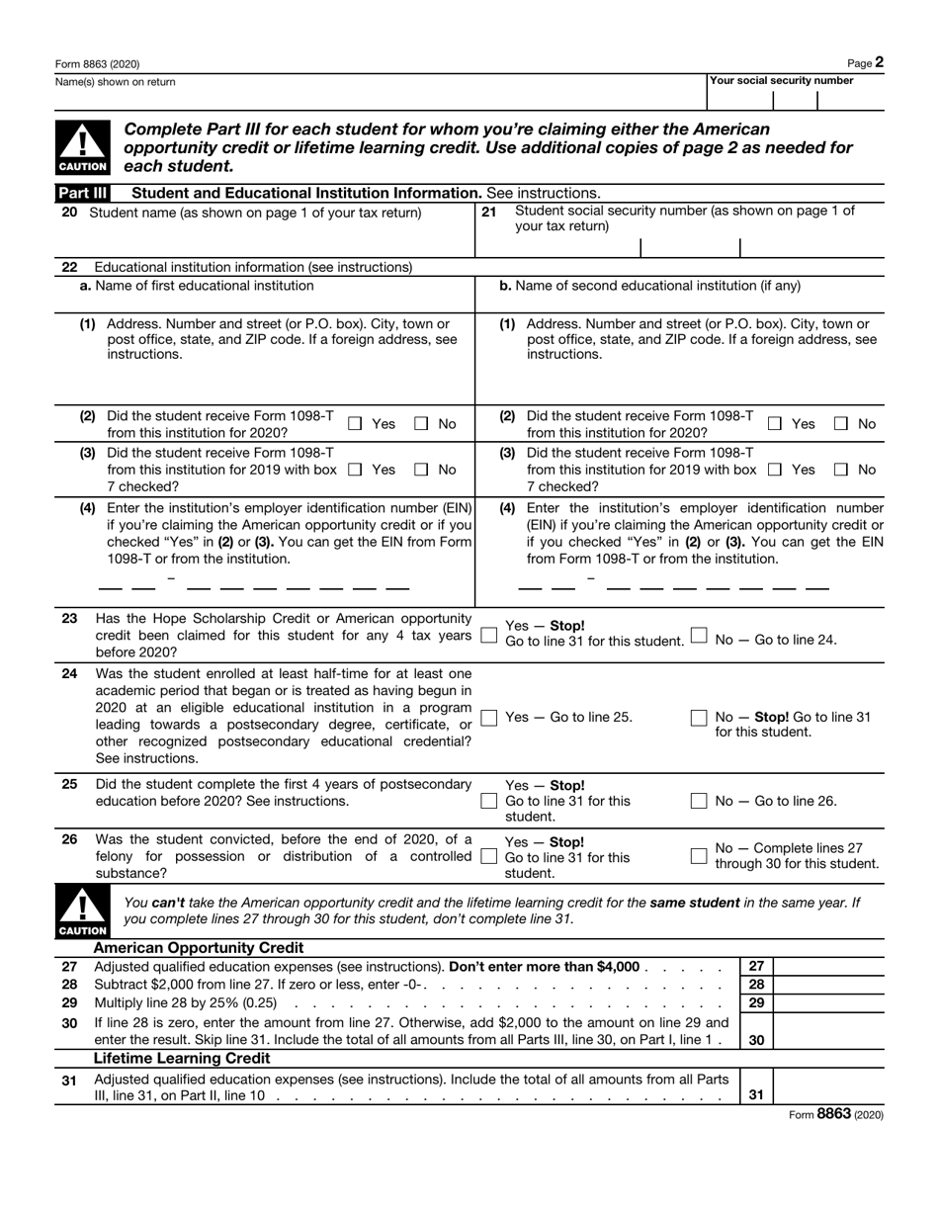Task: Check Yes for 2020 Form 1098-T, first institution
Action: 356,424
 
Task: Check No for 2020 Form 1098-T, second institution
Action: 841,424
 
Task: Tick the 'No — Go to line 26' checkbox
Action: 699,801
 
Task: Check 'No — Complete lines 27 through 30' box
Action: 699,855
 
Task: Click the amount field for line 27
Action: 830,967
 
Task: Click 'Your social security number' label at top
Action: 782,81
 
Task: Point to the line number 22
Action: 69,267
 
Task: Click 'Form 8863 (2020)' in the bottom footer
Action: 835,1113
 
